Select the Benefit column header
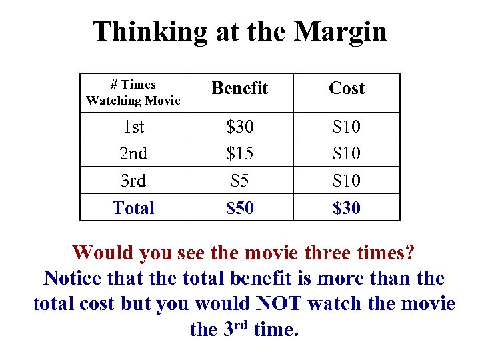click(240, 88)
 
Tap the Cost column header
click(347, 88)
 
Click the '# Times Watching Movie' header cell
click(133, 93)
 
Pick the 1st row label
click(133, 126)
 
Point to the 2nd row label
click(133, 153)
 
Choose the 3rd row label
click(133, 181)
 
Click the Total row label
click(133, 208)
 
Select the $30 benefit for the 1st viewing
click(240, 126)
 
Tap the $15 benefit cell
click(240, 153)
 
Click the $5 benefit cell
click(240, 181)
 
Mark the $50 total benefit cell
click(240, 208)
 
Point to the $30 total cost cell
click(347, 208)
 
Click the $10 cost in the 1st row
click(347, 126)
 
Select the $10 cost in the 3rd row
click(347, 181)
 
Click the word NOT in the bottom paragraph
click(279, 304)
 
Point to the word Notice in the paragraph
click(75, 279)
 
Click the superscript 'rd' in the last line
click(241, 325)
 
